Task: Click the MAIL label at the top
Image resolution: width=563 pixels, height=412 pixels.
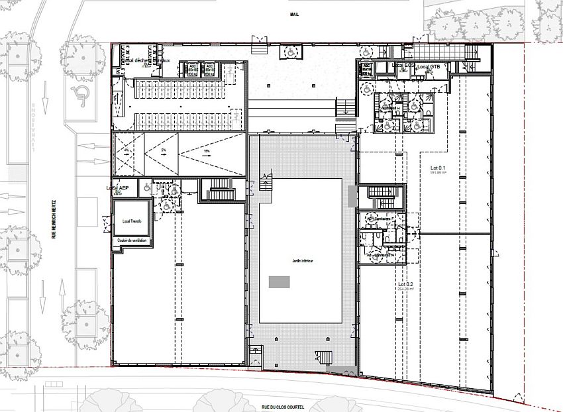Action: tap(295, 13)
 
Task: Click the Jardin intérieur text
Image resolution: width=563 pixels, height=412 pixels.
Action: tap(301, 261)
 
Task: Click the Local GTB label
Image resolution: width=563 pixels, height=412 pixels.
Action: tap(429, 67)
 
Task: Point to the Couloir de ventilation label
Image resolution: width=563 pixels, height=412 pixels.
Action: tap(132, 240)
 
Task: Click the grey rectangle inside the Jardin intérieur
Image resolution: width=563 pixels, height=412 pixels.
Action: tap(279, 282)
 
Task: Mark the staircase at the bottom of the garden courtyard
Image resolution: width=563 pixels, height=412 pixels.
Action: tap(323, 357)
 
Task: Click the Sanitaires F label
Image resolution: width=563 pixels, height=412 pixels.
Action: tap(380, 219)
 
